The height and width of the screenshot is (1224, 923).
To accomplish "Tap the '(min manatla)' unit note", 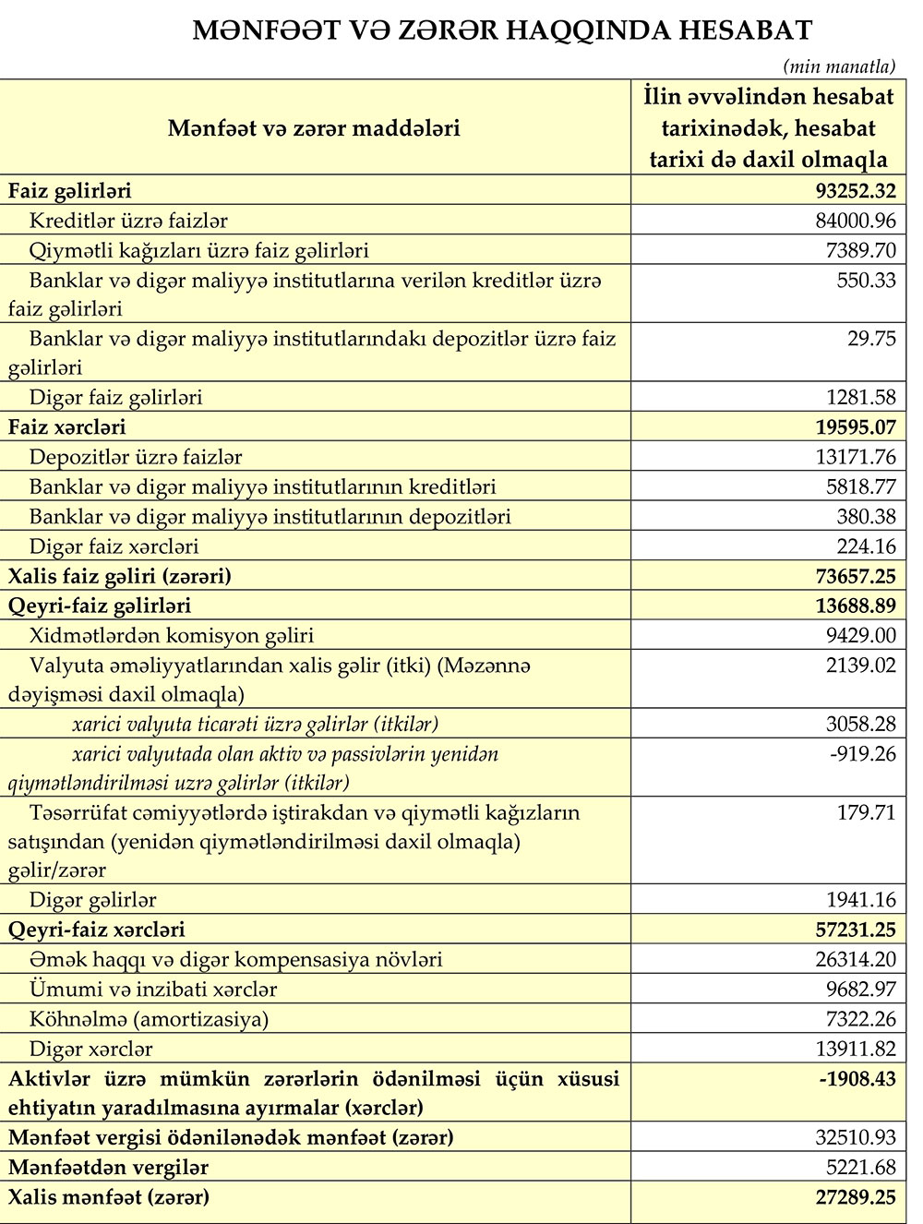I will [839, 66].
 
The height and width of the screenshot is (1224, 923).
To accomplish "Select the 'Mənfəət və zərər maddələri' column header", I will [314, 127].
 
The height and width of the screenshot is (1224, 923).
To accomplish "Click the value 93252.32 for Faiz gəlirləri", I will [856, 191].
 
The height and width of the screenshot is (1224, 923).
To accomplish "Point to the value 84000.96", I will [856, 221].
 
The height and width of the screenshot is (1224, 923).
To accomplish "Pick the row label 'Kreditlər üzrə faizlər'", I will [128, 221].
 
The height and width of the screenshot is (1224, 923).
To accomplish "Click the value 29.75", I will [871, 339].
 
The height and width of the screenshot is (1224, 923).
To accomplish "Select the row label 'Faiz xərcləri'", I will [66, 427].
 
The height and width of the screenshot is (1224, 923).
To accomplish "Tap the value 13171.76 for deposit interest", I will [856, 457].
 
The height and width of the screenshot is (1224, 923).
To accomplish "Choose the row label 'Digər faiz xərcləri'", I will [114, 546].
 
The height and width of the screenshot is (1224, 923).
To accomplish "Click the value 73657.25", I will [856, 577].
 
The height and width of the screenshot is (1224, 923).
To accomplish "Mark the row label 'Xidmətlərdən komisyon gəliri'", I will [172, 635].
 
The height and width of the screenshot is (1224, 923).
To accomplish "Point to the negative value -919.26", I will [863, 754].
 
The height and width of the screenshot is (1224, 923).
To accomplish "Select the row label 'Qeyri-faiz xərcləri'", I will [97, 930].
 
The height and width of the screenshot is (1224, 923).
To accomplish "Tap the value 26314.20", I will [856, 960].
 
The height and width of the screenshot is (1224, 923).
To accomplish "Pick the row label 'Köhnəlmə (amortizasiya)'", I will [149, 1019].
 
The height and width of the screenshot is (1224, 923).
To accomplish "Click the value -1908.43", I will [857, 1079].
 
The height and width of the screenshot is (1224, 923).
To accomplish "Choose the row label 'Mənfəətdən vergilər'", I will [108, 1168].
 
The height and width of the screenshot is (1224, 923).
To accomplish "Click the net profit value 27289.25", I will [856, 1198].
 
